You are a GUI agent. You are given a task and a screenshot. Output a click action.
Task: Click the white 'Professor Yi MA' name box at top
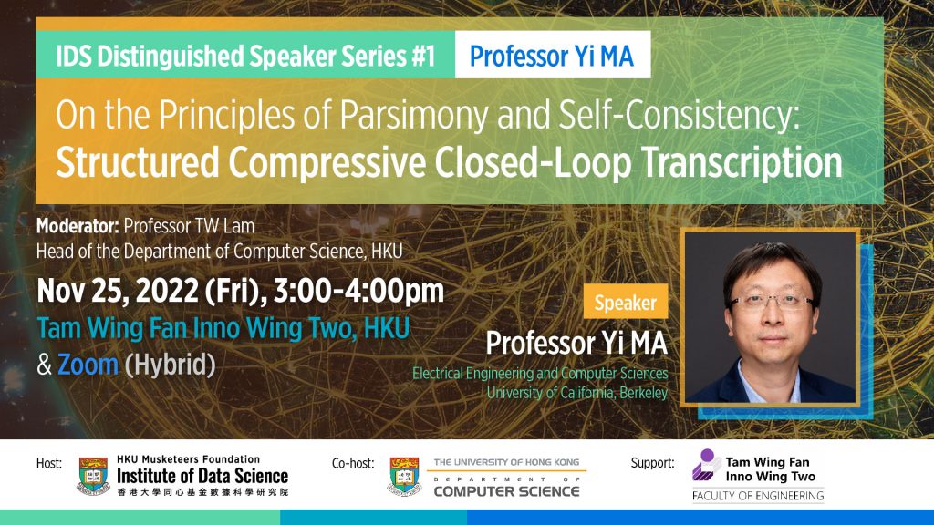coord(552,57)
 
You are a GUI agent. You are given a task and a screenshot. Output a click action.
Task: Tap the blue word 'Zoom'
coord(88,365)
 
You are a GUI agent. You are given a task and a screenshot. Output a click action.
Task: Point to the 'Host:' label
coord(49,463)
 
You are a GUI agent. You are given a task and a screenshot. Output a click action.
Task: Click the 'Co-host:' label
coord(355,463)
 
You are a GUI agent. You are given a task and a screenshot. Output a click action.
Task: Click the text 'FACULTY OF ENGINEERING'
coord(757,496)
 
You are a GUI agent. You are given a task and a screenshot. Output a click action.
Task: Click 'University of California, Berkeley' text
coord(576,393)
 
